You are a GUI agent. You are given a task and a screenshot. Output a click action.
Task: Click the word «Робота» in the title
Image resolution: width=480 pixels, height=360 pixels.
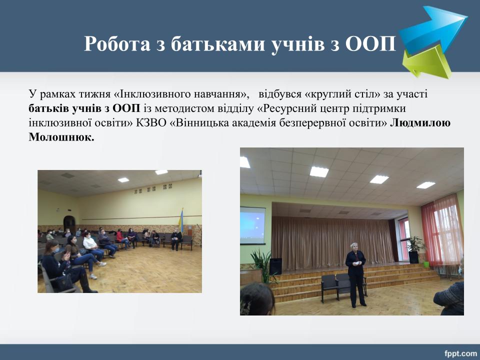pos(117,44)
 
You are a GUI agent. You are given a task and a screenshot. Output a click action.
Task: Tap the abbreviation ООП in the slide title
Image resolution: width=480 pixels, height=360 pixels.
pos(370,44)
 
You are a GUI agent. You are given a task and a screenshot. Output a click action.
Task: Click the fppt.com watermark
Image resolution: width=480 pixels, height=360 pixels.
pos(460,353)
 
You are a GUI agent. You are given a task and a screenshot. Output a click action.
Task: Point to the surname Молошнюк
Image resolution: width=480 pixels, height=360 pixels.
pos(61,137)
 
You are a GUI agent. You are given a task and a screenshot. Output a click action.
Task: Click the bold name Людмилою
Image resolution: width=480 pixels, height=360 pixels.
pos(420,123)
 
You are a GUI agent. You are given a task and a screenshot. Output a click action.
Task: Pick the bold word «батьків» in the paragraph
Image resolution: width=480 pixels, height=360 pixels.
pos(48,108)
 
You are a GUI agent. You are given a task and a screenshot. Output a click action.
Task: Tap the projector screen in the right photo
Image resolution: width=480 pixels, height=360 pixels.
pos(252,225)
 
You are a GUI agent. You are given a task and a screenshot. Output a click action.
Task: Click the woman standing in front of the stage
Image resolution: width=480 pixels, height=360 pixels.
pos(355,274)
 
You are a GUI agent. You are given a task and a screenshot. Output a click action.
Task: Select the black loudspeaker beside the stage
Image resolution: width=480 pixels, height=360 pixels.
pos(275,266)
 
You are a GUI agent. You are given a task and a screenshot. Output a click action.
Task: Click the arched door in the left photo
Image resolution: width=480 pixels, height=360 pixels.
pos(69,224)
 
